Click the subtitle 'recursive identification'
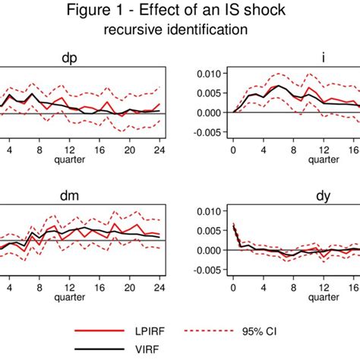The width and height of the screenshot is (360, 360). point(179,30)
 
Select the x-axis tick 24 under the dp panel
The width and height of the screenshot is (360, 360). point(160,150)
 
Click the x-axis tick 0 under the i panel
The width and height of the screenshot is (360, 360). point(233,150)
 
